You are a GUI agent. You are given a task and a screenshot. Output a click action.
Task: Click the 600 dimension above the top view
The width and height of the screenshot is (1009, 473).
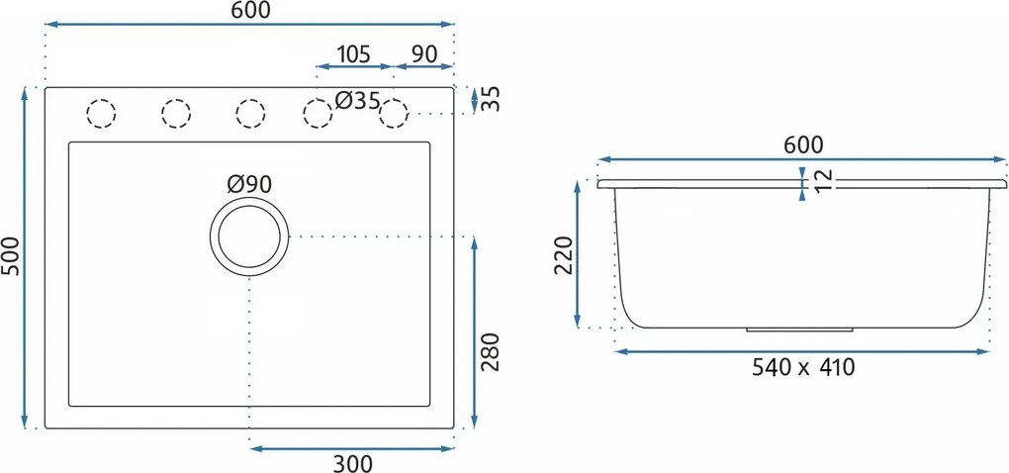point(249,10)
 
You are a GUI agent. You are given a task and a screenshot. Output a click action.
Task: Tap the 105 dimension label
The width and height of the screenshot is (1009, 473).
point(353,54)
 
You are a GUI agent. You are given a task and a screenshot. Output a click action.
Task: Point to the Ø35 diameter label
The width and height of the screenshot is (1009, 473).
point(358,100)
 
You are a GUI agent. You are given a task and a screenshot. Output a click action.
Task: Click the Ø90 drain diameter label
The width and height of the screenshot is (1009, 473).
point(249,185)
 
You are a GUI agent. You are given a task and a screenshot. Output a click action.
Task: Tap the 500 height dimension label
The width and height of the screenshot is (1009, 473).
point(11,255)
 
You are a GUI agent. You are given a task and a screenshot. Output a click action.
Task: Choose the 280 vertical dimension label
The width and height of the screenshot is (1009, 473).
point(491,352)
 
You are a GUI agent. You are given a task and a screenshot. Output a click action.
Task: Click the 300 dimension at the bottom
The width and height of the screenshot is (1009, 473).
point(352,463)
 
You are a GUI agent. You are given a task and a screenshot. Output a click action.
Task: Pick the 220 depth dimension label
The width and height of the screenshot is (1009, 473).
point(564,255)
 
